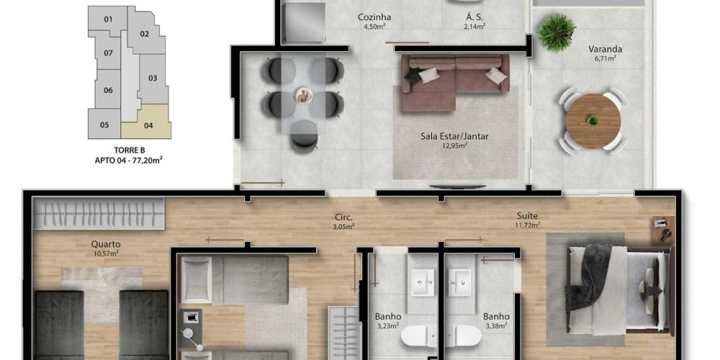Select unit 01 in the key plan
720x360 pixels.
point(108,19)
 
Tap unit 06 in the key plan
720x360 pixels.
point(109,90)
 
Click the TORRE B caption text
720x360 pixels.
point(130,150)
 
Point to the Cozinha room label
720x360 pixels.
point(374,17)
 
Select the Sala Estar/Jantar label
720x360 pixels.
point(454,136)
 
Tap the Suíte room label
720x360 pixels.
point(527,216)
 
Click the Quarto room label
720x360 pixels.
point(106,244)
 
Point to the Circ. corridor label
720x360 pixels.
point(344,218)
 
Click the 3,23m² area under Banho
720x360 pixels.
point(387,326)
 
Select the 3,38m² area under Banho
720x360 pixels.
point(496,326)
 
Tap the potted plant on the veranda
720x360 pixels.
point(557,32)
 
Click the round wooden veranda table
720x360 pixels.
point(593,121)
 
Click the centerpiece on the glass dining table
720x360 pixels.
point(304,96)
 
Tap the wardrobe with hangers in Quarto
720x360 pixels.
point(99,214)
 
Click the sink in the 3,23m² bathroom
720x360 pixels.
point(423,282)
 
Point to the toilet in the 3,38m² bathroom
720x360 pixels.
point(463,336)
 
